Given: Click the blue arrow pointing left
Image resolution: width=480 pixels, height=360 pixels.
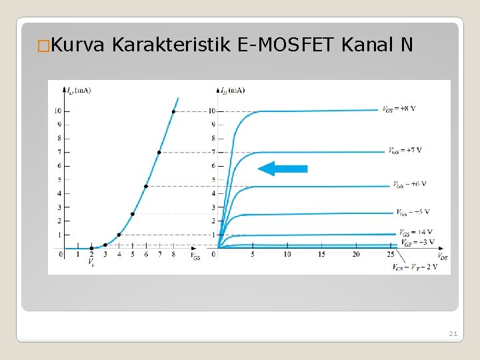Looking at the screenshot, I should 283,169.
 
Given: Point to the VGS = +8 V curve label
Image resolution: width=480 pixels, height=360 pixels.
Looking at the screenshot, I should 399,109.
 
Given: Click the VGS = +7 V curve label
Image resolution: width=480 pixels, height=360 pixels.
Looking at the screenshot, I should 405,151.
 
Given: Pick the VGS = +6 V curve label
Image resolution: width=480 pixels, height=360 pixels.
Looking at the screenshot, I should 409,184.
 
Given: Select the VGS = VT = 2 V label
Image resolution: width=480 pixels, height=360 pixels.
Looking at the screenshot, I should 415,267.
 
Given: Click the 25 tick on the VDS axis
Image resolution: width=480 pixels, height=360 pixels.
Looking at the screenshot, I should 391,254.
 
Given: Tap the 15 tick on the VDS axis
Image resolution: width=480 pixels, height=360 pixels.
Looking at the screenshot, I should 321,254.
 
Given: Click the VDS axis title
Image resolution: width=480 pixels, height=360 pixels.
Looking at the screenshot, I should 442,257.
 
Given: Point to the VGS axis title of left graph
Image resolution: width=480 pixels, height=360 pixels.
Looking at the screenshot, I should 195,256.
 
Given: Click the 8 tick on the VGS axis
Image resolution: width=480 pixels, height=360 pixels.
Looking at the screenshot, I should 173,254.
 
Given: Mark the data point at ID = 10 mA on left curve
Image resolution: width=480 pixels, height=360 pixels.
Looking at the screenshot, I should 173,111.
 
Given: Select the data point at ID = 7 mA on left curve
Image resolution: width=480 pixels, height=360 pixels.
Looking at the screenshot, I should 159,153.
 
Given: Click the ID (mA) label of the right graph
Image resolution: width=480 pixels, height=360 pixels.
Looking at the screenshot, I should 232,90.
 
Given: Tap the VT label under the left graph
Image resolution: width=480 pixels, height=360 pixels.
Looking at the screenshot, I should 91,263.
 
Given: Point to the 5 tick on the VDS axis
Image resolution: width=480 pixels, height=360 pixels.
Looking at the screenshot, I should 253,254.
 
